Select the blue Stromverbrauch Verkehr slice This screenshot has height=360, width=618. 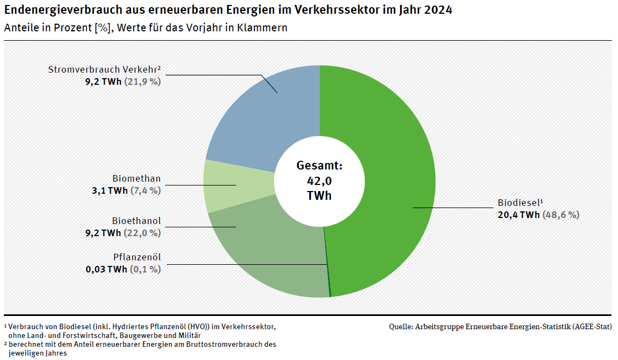click(x=264, y=121)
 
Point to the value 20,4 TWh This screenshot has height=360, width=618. click(x=518, y=215)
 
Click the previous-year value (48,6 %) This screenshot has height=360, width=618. click(x=561, y=215)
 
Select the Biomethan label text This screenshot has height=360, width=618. click(x=136, y=179)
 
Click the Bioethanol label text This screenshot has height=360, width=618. click(x=136, y=221)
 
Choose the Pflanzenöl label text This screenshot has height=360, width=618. click(x=137, y=257)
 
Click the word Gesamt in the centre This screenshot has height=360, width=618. click(x=318, y=165)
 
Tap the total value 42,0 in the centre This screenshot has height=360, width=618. click(x=320, y=180)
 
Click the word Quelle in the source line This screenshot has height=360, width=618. click(x=401, y=326)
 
